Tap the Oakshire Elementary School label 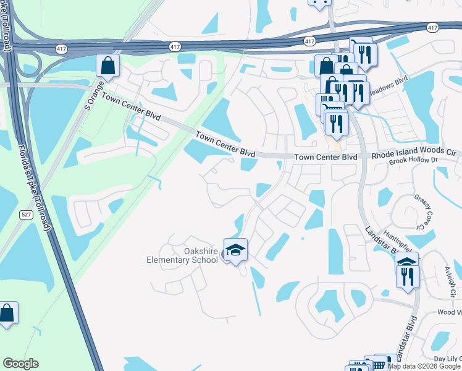[182, 255]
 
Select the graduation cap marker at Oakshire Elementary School [235, 250]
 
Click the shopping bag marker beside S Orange [107, 66]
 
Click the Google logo [20, 364]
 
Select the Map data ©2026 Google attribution [424, 366]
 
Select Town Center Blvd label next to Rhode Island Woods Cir [325, 157]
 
